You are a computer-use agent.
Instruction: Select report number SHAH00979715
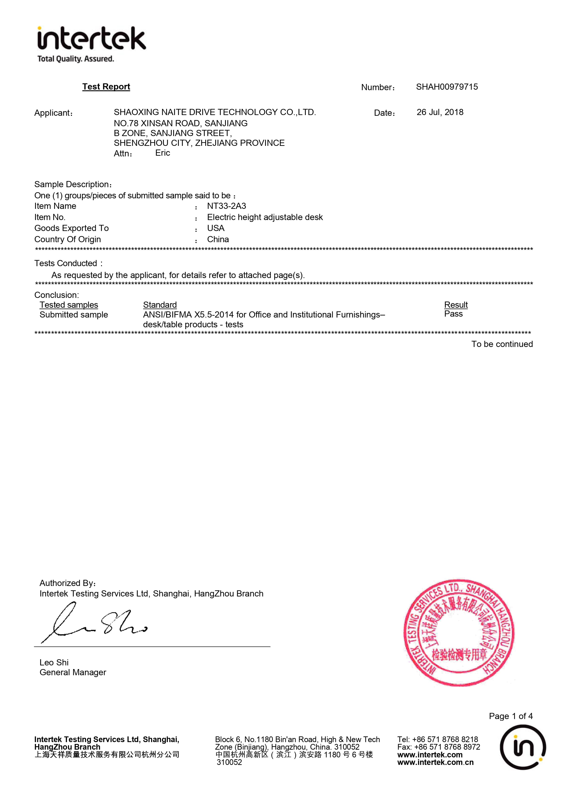(x=447, y=87)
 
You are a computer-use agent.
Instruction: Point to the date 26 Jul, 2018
(x=440, y=112)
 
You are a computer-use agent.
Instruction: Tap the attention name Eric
(x=163, y=153)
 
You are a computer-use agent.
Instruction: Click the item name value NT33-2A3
(x=226, y=206)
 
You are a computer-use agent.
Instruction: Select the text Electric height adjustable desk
(x=265, y=217)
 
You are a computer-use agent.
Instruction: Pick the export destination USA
(x=216, y=228)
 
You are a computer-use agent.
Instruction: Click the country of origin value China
(x=218, y=239)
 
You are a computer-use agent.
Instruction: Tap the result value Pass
(x=453, y=314)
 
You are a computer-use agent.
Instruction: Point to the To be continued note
(x=502, y=344)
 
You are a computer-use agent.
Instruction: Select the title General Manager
(x=73, y=672)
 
